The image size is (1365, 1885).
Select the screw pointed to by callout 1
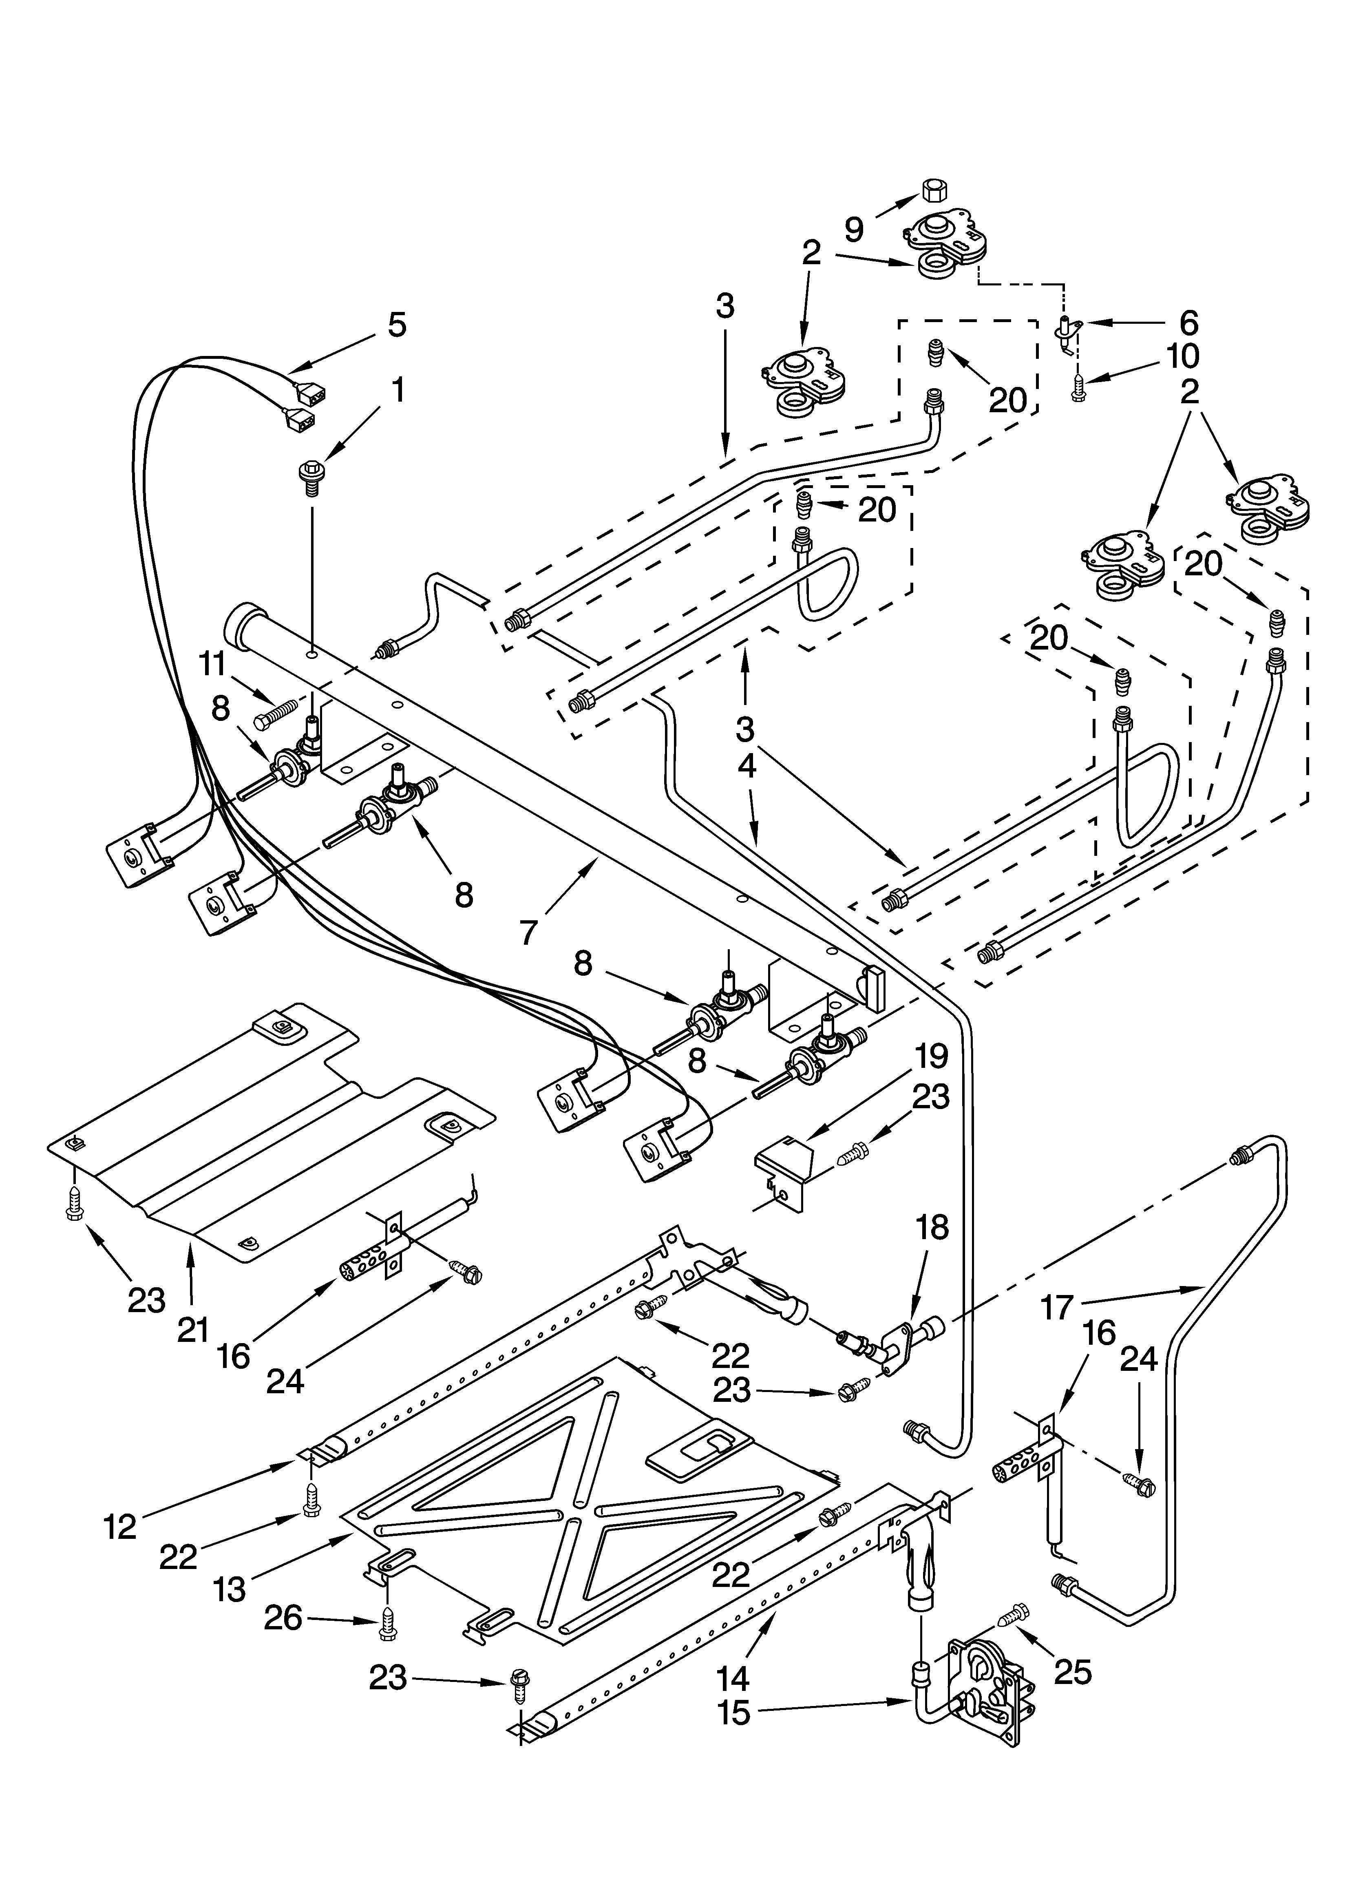310,479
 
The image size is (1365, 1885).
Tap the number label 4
747,765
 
